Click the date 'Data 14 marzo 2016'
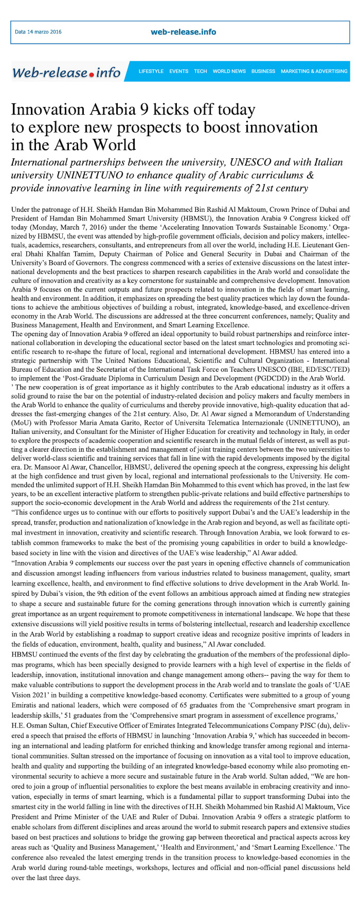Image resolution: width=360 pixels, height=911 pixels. (x=38, y=32)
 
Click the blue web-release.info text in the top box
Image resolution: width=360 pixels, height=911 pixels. (x=183, y=32)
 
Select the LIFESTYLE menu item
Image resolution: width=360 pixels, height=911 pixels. (x=151, y=71)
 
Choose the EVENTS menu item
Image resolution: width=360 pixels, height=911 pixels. (x=179, y=71)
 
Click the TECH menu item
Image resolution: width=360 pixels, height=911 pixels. (x=201, y=71)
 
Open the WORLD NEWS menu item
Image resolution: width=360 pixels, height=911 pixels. (x=229, y=71)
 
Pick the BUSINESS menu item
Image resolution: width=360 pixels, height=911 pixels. (x=263, y=71)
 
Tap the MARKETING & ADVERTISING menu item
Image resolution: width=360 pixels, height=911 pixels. (x=314, y=71)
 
